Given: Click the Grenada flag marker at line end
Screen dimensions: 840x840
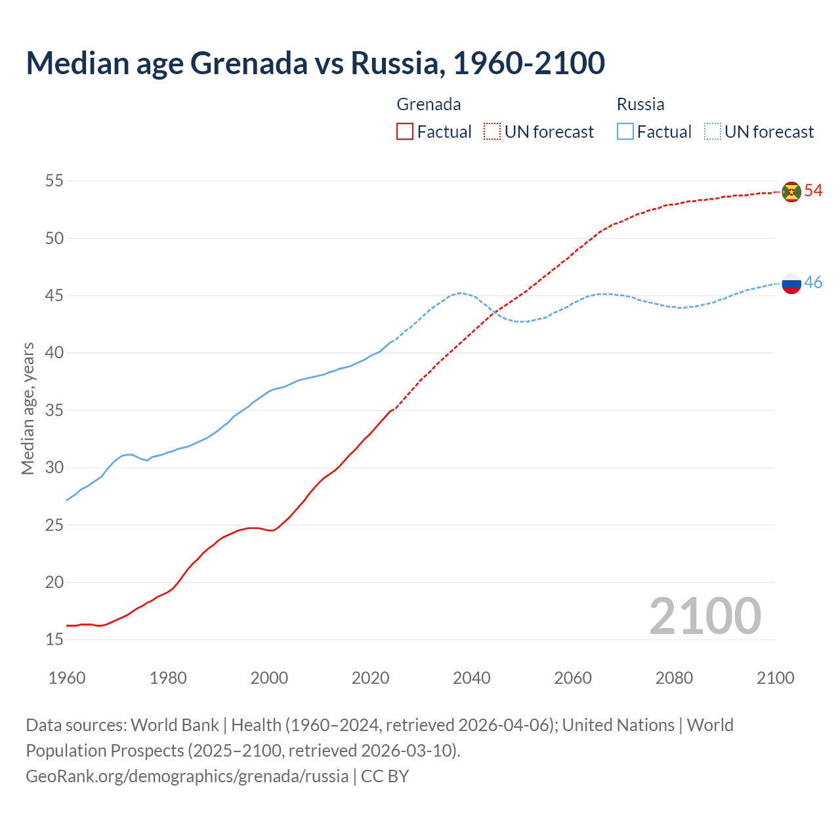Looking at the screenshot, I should point(791,192).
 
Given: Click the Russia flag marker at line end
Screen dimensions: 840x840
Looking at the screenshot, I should point(791,283).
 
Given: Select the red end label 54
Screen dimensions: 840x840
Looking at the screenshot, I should point(814,190).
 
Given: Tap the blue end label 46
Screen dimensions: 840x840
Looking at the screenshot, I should point(814,282).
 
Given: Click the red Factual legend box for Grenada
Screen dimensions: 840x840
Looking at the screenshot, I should point(405,132).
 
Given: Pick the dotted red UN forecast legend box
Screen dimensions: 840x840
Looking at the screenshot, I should point(492,132).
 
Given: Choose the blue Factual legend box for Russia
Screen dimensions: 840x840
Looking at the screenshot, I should point(625,132).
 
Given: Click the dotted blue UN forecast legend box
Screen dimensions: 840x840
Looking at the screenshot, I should point(712,132).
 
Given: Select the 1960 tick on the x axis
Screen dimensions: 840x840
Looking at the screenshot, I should point(67,678).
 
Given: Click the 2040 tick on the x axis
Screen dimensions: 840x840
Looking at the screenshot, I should point(472,678).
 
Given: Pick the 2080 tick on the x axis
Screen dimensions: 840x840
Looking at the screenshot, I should point(674,678).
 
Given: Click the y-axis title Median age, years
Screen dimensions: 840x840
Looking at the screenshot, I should point(28,408).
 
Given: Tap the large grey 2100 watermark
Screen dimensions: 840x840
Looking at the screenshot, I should point(705,616).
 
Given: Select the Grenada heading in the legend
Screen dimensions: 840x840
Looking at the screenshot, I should point(429,104).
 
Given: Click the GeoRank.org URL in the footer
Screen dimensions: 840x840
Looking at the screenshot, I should point(187,776).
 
